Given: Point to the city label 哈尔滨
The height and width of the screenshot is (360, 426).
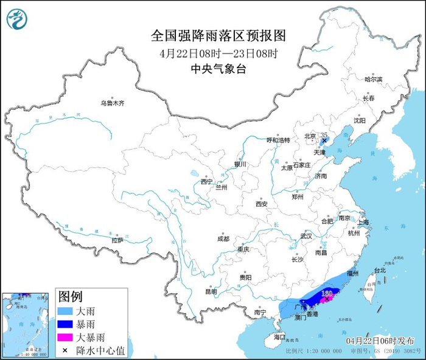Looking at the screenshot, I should [x=373, y=80].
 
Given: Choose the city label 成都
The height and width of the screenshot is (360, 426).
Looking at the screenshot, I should [x=222, y=238].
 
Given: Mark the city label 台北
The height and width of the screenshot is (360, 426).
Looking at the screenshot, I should [x=380, y=269].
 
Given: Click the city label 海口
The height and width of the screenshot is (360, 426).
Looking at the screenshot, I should [x=279, y=336].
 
